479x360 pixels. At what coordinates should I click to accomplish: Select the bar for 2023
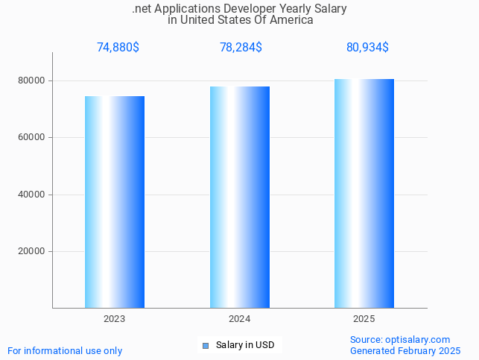tap(115, 202)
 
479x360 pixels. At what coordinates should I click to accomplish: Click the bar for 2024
tap(239, 198)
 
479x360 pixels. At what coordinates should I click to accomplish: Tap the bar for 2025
tap(364, 194)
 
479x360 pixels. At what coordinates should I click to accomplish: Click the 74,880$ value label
tap(118, 48)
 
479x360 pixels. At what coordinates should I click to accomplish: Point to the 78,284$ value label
tap(241, 48)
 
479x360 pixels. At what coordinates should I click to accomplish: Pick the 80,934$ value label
tap(367, 48)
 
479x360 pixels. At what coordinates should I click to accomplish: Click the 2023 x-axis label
tap(114, 319)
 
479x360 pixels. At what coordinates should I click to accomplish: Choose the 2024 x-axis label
tap(239, 319)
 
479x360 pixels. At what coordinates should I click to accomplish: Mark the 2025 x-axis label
tap(364, 319)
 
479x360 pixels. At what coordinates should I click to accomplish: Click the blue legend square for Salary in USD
tap(206, 345)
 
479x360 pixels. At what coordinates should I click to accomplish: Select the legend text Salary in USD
tap(245, 345)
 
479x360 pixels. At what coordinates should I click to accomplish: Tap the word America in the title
tap(291, 20)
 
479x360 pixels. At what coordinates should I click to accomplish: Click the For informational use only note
tap(65, 350)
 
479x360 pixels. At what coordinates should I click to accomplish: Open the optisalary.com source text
tap(400, 339)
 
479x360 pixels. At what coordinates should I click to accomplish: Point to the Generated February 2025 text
tap(405, 350)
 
